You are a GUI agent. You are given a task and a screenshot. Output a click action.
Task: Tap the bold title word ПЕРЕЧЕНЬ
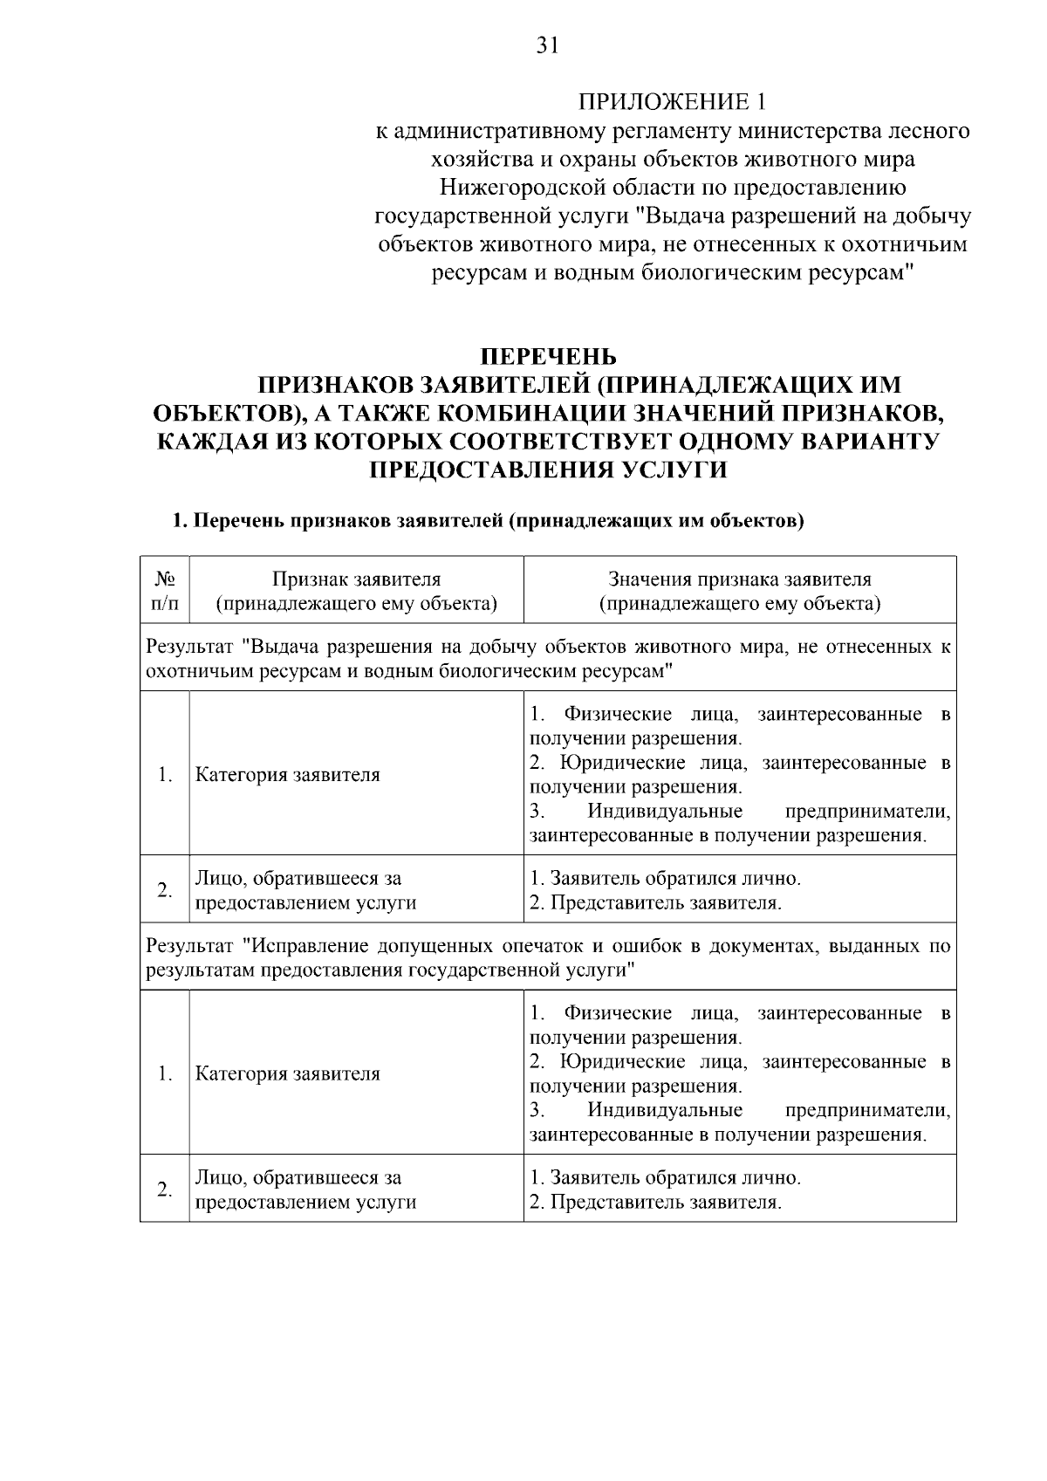(x=550, y=357)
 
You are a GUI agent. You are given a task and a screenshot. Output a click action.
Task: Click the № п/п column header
(x=165, y=591)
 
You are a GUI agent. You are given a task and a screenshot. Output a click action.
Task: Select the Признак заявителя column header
(x=356, y=591)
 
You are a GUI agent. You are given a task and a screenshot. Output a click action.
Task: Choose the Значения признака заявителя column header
(x=739, y=591)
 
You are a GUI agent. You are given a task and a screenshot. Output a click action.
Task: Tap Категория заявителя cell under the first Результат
(x=287, y=775)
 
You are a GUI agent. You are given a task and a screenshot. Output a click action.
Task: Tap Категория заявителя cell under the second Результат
(x=287, y=1073)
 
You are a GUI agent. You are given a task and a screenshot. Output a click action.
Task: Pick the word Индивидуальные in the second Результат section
(x=665, y=1110)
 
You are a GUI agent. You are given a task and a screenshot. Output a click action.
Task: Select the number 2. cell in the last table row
(x=164, y=1190)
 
